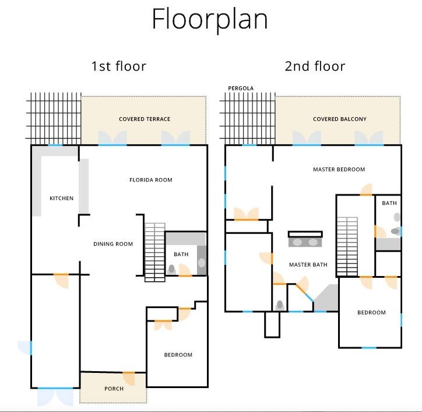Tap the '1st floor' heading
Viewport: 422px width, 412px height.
[119, 67]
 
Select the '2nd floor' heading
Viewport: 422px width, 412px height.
[315, 67]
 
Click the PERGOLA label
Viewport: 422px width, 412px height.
[241, 88]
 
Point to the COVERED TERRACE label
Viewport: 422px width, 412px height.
[145, 119]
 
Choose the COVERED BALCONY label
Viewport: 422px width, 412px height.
[340, 119]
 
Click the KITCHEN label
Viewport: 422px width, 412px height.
[61, 198]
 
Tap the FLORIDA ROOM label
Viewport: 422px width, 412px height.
[151, 180]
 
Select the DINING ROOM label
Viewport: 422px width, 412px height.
[113, 244]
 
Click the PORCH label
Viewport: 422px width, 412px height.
[114, 389]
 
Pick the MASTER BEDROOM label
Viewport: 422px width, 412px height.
[339, 169]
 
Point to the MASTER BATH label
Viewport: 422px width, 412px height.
[308, 265]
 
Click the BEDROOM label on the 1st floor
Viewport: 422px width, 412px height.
[178, 355]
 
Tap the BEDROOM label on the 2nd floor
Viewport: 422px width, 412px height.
[371, 313]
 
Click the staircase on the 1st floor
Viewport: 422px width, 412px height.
[154, 252]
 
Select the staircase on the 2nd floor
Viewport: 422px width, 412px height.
[347, 246]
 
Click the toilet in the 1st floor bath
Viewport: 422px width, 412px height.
[171, 269]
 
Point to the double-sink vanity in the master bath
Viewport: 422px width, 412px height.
[305, 239]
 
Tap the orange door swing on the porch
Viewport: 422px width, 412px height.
[129, 378]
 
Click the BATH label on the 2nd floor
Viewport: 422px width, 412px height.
[389, 203]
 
